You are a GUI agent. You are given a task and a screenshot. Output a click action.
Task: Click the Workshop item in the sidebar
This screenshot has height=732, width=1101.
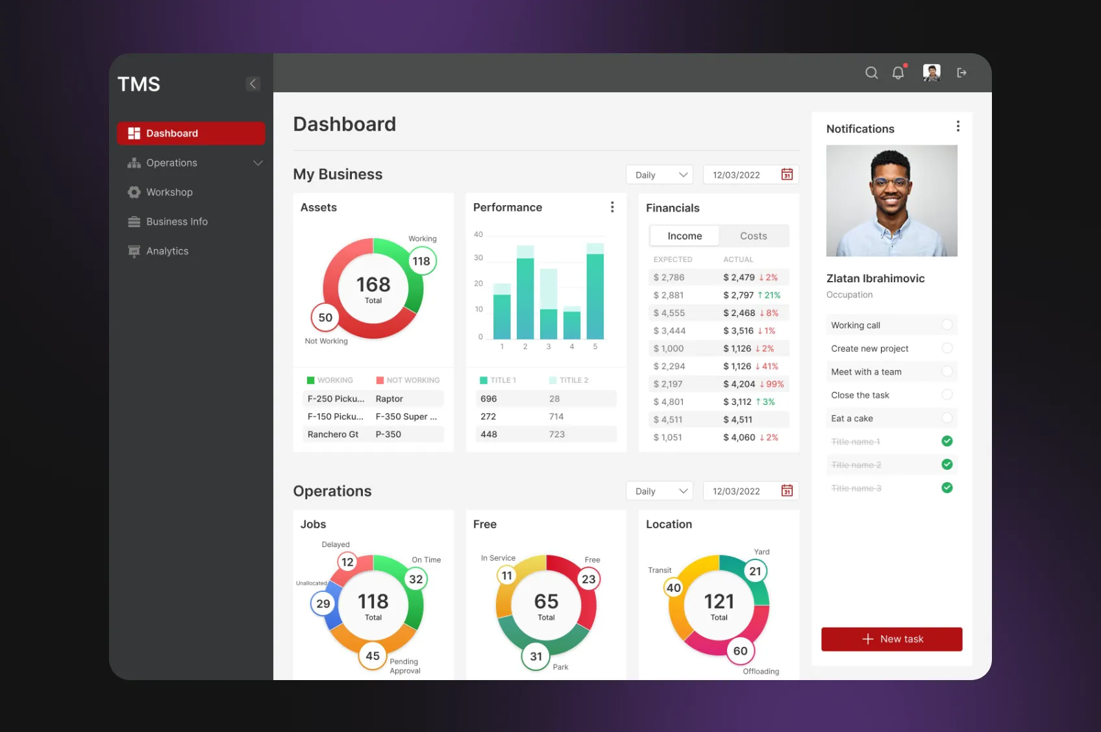(169, 192)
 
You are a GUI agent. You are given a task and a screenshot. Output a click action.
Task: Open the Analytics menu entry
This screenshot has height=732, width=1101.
(167, 251)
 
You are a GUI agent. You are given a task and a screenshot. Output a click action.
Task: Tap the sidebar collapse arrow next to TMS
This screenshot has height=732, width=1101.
(253, 84)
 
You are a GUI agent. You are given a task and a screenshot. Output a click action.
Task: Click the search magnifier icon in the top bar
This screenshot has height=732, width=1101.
(871, 73)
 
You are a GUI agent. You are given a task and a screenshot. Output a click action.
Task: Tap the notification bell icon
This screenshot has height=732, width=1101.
(898, 73)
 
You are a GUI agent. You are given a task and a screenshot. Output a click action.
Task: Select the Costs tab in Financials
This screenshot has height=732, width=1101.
(753, 236)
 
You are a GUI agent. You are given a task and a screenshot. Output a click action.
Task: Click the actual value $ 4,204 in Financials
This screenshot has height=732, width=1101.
(739, 384)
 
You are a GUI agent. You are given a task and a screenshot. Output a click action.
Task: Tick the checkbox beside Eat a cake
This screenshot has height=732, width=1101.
(947, 418)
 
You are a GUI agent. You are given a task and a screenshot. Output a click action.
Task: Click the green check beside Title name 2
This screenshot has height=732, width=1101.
(947, 465)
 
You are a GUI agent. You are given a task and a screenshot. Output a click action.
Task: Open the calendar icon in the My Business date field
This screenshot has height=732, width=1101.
(787, 175)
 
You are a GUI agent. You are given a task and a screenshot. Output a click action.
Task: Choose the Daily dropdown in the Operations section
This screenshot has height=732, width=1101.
(660, 491)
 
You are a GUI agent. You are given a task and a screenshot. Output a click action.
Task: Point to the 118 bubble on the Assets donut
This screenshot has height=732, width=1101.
(421, 261)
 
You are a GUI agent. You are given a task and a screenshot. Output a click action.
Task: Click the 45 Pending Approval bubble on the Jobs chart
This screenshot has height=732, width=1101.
(373, 656)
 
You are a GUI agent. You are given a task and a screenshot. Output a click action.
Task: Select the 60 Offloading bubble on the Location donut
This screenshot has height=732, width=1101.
(740, 651)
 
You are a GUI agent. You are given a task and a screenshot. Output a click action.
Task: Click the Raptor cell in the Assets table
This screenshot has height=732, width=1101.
(390, 399)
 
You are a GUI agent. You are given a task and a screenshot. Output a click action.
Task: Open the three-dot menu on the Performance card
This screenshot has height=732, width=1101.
(612, 207)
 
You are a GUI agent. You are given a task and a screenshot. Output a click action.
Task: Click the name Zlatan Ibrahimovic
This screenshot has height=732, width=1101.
(875, 278)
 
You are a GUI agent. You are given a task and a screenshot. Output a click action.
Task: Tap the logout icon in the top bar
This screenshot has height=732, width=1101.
(961, 73)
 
